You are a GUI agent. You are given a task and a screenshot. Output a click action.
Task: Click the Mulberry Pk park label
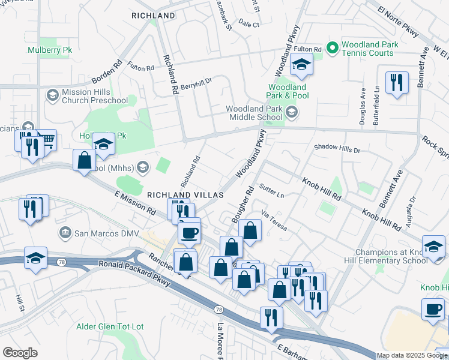coord(50,50)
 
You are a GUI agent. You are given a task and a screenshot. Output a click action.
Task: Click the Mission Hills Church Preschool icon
coord(52,95)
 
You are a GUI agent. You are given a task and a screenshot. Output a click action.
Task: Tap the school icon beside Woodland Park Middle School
coord(291,112)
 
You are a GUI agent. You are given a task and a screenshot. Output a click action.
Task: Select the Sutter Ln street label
coord(272,193)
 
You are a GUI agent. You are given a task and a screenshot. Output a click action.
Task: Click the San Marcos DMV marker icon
coord(64,232)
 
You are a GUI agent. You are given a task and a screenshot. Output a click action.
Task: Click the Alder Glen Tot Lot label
coord(110,326)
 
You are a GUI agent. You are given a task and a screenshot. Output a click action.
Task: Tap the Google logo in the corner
coord(20,353)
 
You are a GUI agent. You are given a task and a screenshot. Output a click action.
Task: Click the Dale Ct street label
coord(249,25)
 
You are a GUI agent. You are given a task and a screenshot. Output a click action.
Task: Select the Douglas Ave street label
coord(363,108)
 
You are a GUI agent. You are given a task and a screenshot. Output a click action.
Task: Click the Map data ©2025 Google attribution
coord(412,355)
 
